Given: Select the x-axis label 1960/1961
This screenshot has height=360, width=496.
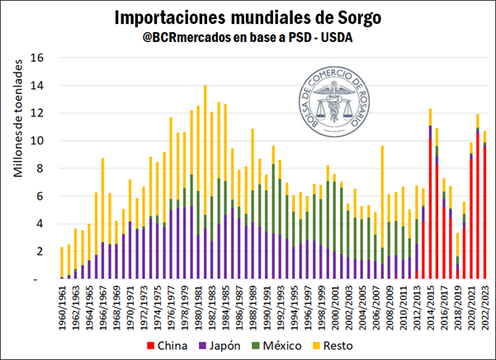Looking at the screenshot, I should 61,306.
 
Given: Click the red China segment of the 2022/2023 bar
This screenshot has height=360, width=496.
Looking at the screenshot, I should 485,215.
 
